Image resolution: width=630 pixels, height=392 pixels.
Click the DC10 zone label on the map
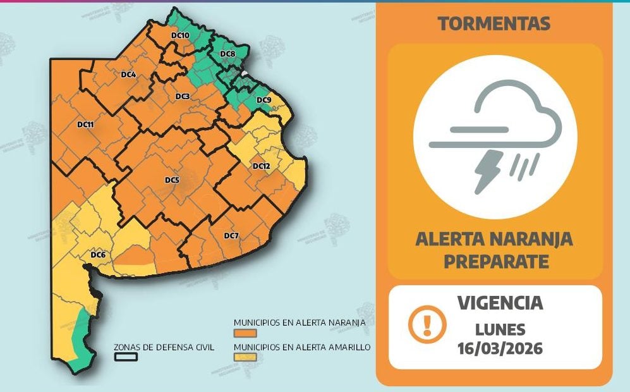(179, 35)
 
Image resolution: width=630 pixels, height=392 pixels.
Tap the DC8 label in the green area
(227, 54)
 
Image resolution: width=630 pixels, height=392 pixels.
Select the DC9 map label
(264, 101)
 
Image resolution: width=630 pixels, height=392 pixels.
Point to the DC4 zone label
(128, 75)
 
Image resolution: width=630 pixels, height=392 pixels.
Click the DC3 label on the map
(183, 96)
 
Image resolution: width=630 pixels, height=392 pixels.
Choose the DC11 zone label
(85, 125)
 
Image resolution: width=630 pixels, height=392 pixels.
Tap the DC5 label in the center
(172, 180)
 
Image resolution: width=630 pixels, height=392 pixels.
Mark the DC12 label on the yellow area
(261, 166)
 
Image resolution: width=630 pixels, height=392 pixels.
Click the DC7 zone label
(231, 236)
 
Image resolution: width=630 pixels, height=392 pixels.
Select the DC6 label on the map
(97, 255)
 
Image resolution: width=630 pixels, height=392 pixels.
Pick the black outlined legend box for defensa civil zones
(126, 357)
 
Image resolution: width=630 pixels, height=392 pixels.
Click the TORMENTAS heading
(494, 24)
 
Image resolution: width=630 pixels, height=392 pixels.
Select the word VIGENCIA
(500, 303)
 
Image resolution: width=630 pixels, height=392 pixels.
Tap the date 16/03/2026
(500, 348)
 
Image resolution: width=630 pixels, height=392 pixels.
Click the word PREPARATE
(495, 260)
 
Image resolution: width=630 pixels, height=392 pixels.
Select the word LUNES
(500, 329)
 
